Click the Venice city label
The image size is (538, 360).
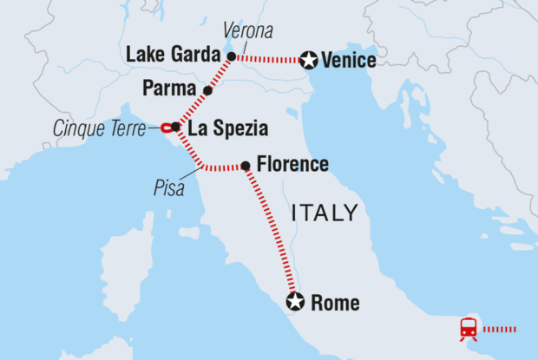pyautogui.click(x=348, y=61)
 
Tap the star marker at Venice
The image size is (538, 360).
pyautogui.click(x=308, y=61)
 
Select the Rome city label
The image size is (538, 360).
pyautogui.click(x=334, y=303)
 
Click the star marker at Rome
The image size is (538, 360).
pyautogui.click(x=295, y=302)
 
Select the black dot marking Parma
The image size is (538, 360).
pyautogui.click(x=207, y=90)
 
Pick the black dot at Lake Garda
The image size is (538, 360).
pyautogui.click(x=231, y=56)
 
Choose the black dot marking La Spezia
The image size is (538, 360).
pyautogui.click(x=176, y=128)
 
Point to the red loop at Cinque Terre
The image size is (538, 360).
pyautogui.click(x=165, y=128)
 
